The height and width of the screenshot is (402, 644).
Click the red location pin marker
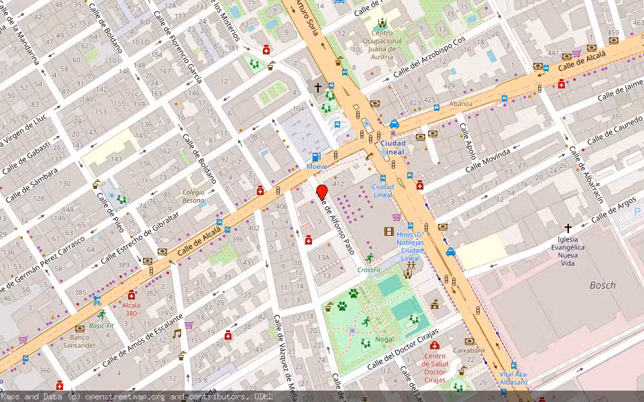click(321, 192)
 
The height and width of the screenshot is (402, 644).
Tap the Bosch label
click(602, 285)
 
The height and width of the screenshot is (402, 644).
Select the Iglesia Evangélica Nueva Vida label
click(568, 251)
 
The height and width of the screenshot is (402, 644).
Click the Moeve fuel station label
click(317, 165)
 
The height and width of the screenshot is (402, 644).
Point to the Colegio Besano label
click(193, 196)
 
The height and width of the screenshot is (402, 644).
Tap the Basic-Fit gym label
click(102, 326)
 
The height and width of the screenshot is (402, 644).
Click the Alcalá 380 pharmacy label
click(131, 308)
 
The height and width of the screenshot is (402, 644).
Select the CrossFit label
click(369, 270)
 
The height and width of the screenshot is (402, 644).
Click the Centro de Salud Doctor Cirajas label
click(435, 367)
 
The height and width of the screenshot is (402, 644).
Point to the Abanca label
click(461, 104)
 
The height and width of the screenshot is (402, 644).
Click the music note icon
click(177, 333)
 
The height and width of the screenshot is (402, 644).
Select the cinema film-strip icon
click(389, 232)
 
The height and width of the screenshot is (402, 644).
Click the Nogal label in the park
click(384, 339)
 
